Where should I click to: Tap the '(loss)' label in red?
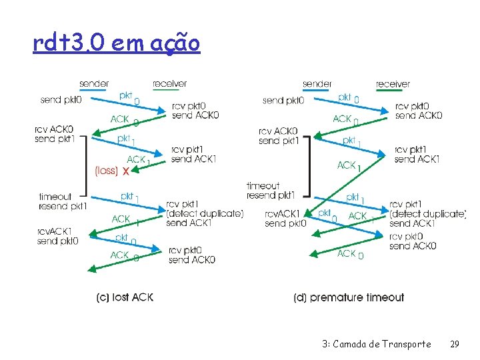[x=107, y=171]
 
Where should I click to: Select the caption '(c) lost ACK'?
[x=125, y=297]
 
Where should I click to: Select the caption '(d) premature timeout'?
[x=349, y=297]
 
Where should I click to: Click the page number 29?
[x=455, y=344]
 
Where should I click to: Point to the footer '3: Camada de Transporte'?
[x=376, y=344]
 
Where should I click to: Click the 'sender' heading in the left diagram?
[x=94, y=84]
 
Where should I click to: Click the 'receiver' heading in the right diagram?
[x=393, y=84]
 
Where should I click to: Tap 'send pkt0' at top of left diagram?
[x=61, y=100]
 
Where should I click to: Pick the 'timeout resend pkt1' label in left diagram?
[x=63, y=201]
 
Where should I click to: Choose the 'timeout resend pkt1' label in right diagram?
[x=271, y=191]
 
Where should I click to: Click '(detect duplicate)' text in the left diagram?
[x=205, y=213]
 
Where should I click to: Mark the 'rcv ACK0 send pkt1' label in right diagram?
[x=278, y=136]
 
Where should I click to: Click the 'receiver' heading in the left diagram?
[x=169, y=84]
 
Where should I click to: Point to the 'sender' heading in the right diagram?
[x=317, y=84]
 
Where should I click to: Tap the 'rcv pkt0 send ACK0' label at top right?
[x=418, y=111]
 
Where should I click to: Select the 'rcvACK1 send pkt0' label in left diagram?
[x=58, y=236]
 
